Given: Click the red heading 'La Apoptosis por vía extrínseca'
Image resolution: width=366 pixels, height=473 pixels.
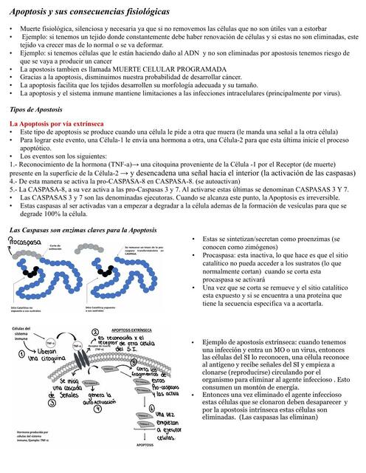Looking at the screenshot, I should tap(56, 122).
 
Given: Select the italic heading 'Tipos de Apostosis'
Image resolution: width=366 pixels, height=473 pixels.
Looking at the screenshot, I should tap(40, 109).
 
